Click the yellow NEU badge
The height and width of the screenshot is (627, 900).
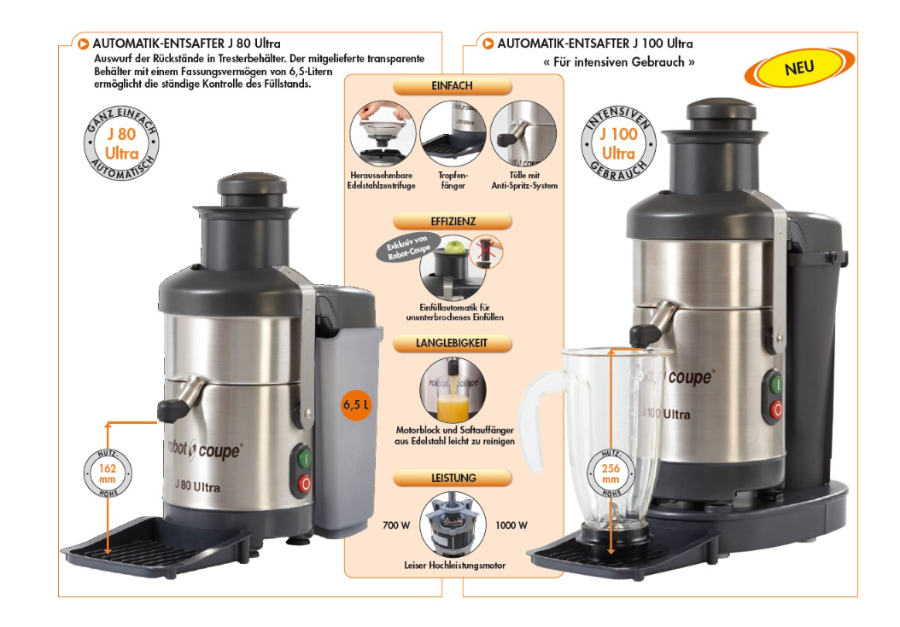[x=799, y=67]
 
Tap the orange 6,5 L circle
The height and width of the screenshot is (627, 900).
[x=356, y=404]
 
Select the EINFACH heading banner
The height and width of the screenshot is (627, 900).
[x=453, y=86]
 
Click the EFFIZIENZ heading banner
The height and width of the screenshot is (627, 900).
[x=453, y=222]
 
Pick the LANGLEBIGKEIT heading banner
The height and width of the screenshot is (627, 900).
[x=453, y=344]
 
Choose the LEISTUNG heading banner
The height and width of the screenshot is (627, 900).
[x=453, y=478]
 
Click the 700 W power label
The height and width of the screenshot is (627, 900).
[x=396, y=525]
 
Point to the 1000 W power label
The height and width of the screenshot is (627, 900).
[x=511, y=525]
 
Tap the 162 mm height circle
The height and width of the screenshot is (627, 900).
[x=108, y=473]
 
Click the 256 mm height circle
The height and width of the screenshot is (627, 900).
[x=611, y=473]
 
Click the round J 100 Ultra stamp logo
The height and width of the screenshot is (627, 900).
[x=618, y=143]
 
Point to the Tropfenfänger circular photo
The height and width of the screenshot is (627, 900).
[x=453, y=134]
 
